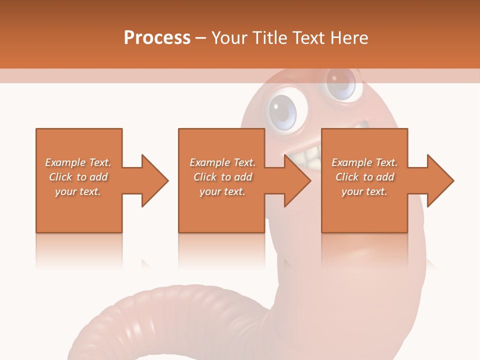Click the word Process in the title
(157, 38)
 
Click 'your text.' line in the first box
(78, 191)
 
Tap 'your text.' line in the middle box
(222, 191)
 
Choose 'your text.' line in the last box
(364, 191)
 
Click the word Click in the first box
(60, 177)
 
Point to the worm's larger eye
(283, 111)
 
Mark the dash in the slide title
(201, 38)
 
